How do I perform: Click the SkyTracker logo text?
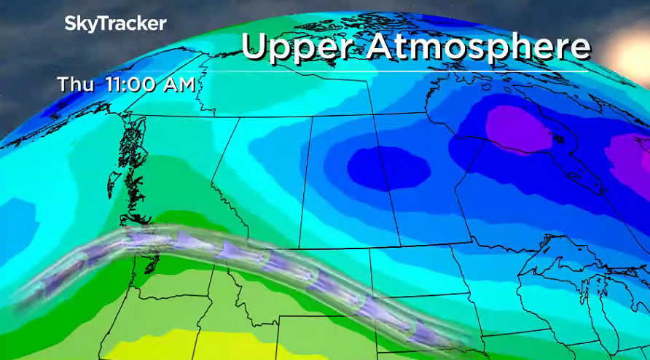[x=115, y=23]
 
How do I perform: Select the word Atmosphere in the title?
[x=477, y=47]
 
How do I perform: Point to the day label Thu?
[x=74, y=85]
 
